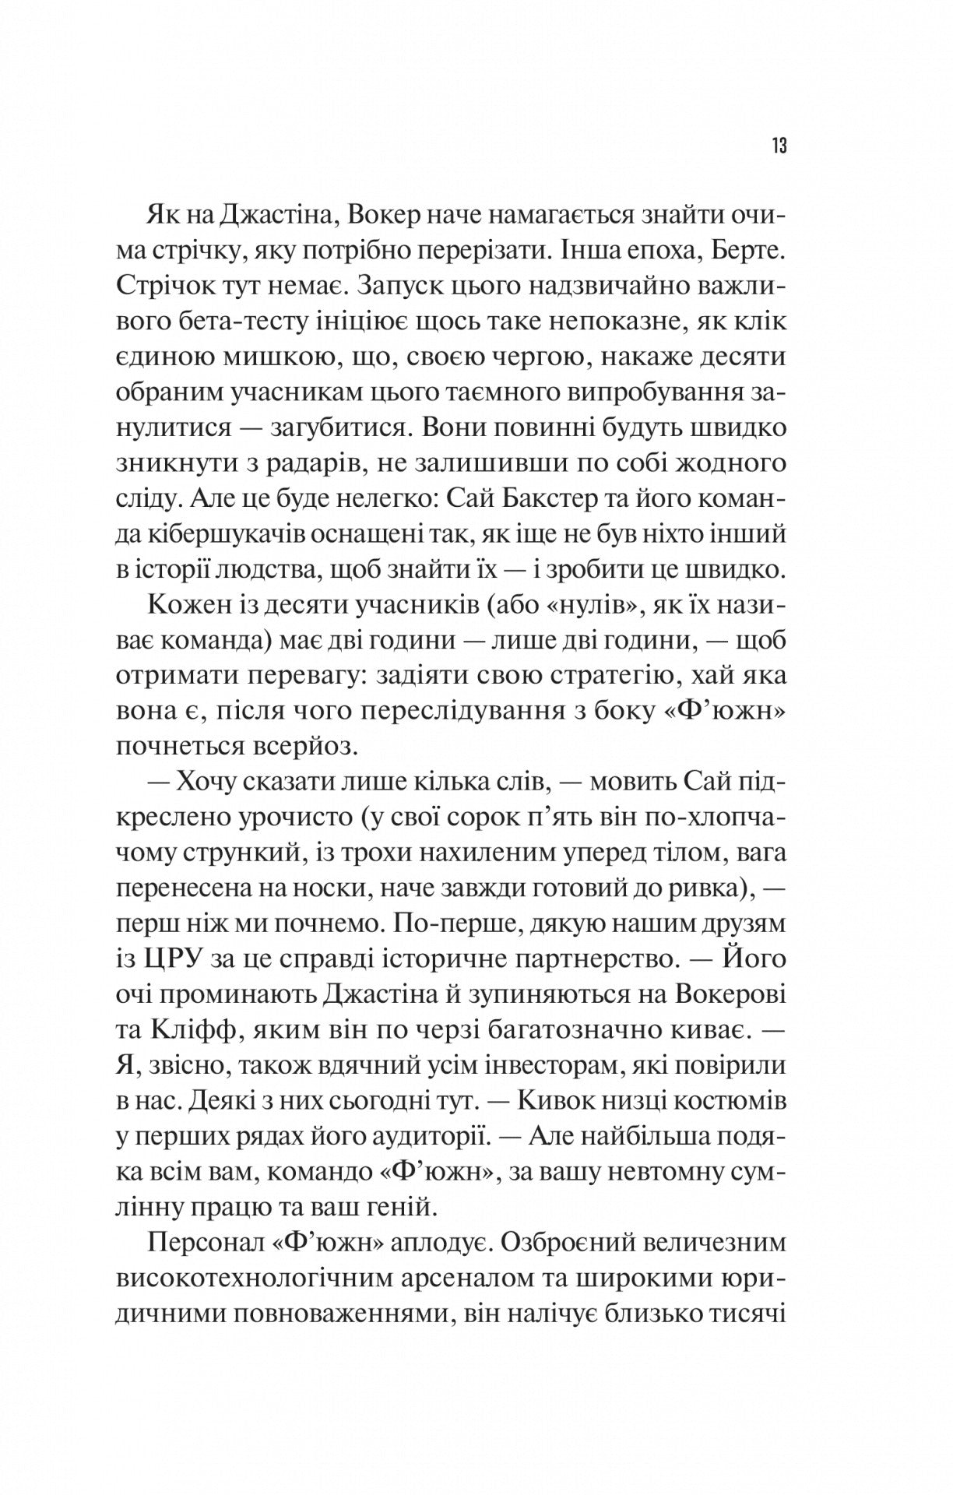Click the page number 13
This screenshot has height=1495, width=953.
tap(779, 146)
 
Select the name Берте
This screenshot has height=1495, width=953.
tap(747, 251)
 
